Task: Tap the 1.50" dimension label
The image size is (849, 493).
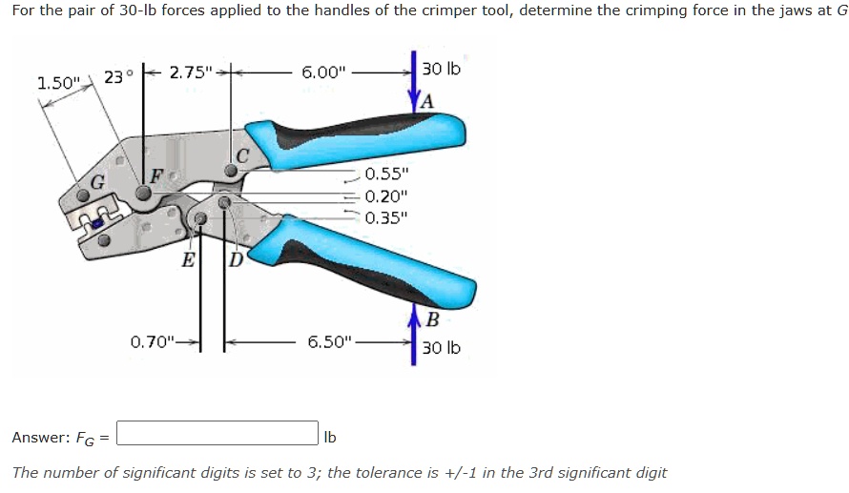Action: coord(56,83)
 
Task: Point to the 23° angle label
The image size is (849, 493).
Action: coord(114,77)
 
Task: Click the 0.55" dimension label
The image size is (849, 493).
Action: coord(386,175)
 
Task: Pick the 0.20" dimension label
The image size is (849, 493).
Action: coord(386,195)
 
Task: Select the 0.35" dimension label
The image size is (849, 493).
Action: coord(386,216)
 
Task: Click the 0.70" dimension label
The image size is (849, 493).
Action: coord(153,340)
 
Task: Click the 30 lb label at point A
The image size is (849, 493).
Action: coord(441,70)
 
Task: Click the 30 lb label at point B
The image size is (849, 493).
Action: coord(441,348)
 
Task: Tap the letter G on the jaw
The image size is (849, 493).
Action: coord(97,182)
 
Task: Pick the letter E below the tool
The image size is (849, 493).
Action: coord(189,260)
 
